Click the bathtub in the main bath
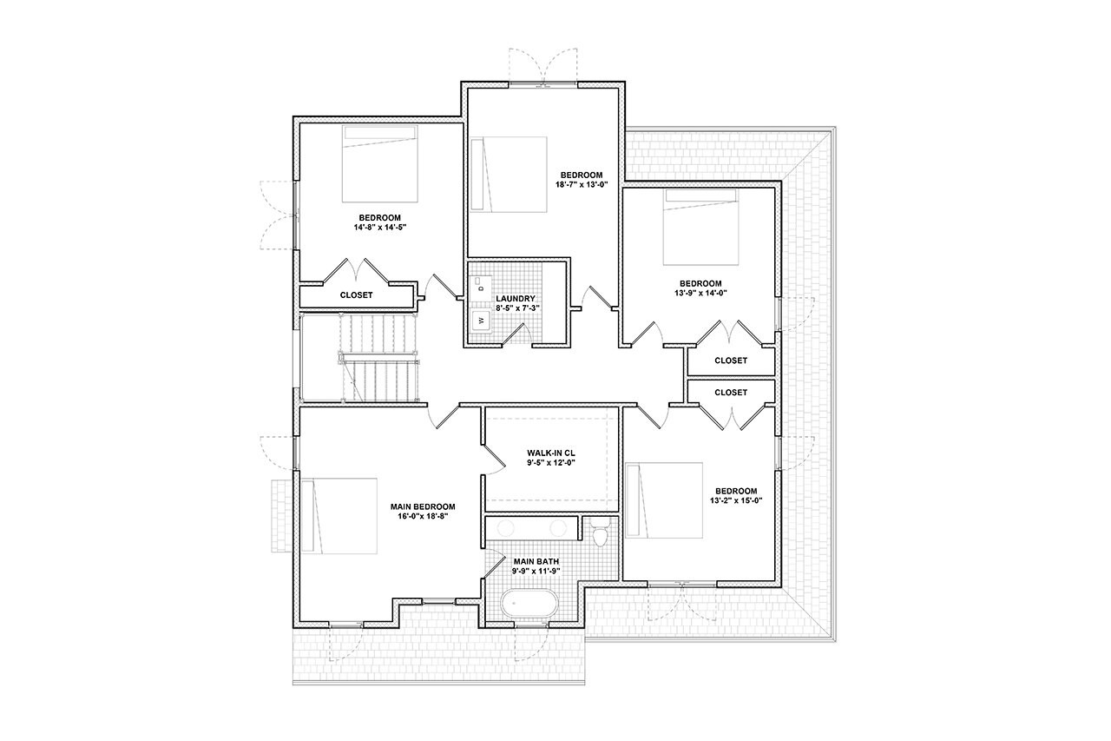point(529,604)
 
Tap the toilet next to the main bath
point(598,533)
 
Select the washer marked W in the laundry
point(480,321)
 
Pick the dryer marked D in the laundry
point(480,286)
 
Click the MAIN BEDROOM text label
point(423,506)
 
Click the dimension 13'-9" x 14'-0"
point(700,293)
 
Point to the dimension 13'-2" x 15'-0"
point(735,500)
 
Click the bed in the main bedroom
point(346,515)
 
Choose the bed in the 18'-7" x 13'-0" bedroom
point(509,174)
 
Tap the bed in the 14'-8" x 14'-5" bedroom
point(381,163)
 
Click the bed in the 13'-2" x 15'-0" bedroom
point(664,500)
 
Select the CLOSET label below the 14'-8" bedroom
point(356,295)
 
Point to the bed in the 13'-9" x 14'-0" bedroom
point(701,228)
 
